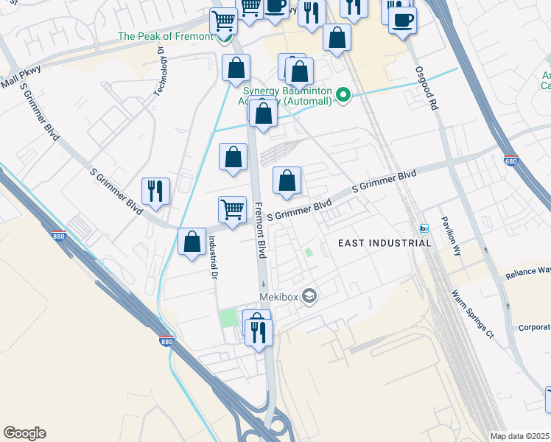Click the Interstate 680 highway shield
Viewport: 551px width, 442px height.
[511, 161]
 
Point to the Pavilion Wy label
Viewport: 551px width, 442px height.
[451, 235]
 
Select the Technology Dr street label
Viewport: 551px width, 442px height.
[159, 71]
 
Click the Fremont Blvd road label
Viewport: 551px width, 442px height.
[259, 230]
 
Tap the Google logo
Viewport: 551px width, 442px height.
[24, 433]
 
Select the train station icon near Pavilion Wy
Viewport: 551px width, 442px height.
[424, 228]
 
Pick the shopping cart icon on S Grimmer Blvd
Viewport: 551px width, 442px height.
[233, 209]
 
